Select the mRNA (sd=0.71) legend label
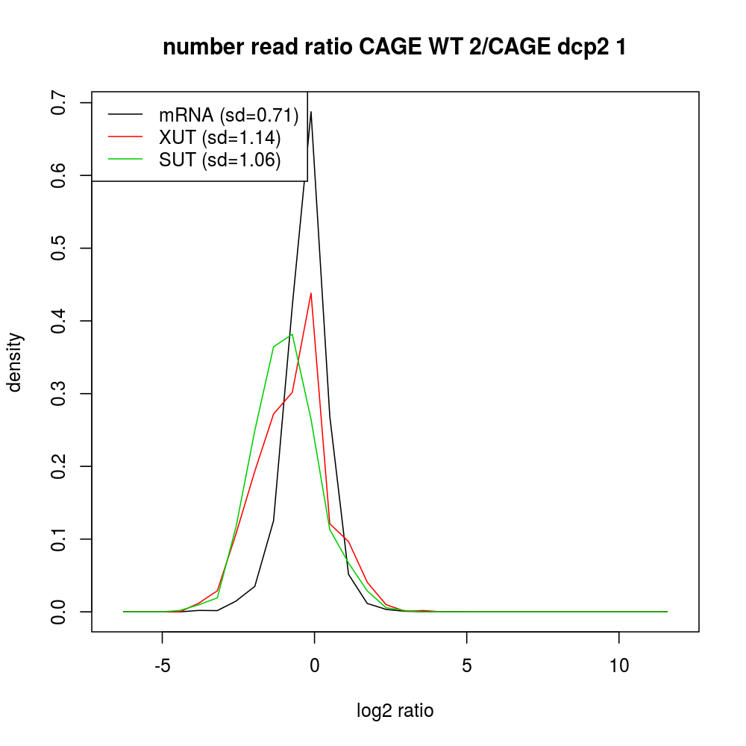[x=229, y=115]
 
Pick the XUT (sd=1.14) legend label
[x=220, y=137]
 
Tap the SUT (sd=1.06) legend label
[x=220, y=160]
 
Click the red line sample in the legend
[x=125, y=137]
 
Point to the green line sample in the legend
[x=125, y=160]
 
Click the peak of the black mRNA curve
[x=311, y=112]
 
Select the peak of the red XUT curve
[x=311, y=293]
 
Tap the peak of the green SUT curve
[x=292, y=334]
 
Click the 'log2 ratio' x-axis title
[x=395, y=711]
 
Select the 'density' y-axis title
[x=16, y=362]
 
